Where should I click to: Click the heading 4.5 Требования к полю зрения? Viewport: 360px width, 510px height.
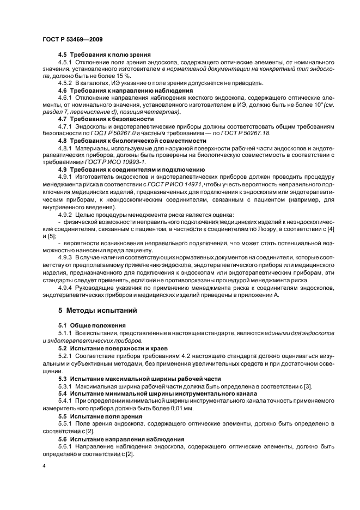click(105, 54)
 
